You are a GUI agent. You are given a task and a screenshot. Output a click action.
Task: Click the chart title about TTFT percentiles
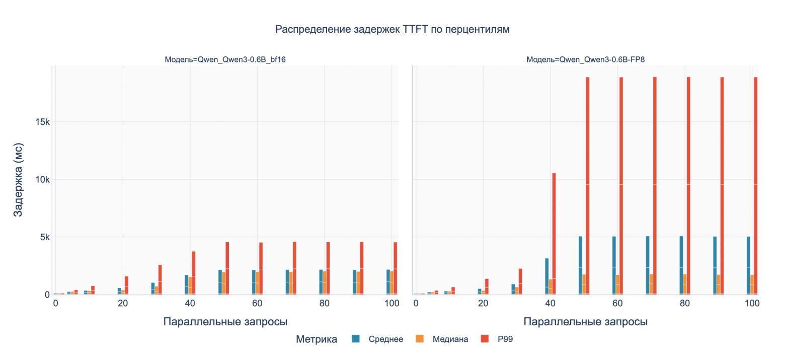pyautogui.click(x=392, y=30)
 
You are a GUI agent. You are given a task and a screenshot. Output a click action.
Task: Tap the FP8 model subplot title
pyautogui.click(x=586, y=59)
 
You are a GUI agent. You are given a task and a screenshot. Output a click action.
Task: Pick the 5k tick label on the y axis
pyautogui.click(x=42, y=237)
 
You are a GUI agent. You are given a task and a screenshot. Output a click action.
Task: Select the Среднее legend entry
pyautogui.click(x=385, y=339)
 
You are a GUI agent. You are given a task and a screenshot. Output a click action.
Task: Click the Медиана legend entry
pyautogui.click(x=450, y=339)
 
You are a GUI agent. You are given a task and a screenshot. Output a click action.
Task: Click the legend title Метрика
pyautogui.click(x=317, y=339)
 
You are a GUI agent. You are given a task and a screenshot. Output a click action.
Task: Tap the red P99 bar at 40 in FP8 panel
pyautogui.click(x=554, y=234)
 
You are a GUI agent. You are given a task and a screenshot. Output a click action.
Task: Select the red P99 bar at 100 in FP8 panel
pyautogui.click(x=756, y=186)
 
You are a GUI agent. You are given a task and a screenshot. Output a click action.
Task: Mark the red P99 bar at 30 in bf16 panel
pyautogui.click(x=160, y=279)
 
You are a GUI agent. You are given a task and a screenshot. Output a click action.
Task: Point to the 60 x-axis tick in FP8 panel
pyautogui.click(x=617, y=304)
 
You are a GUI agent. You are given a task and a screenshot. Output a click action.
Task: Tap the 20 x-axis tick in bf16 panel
pyautogui.click(x=122, y=304)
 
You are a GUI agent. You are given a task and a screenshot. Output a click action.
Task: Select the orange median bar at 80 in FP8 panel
pyautogui.click(x=685, y=284)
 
